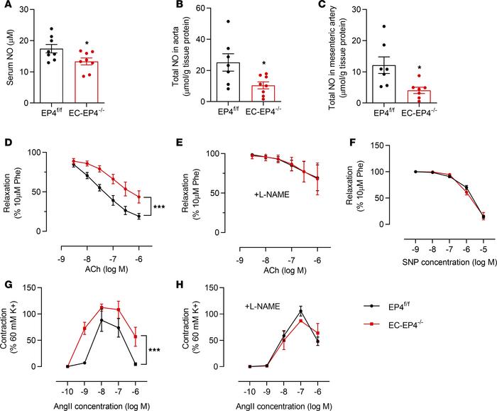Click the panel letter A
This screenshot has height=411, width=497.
8,7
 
